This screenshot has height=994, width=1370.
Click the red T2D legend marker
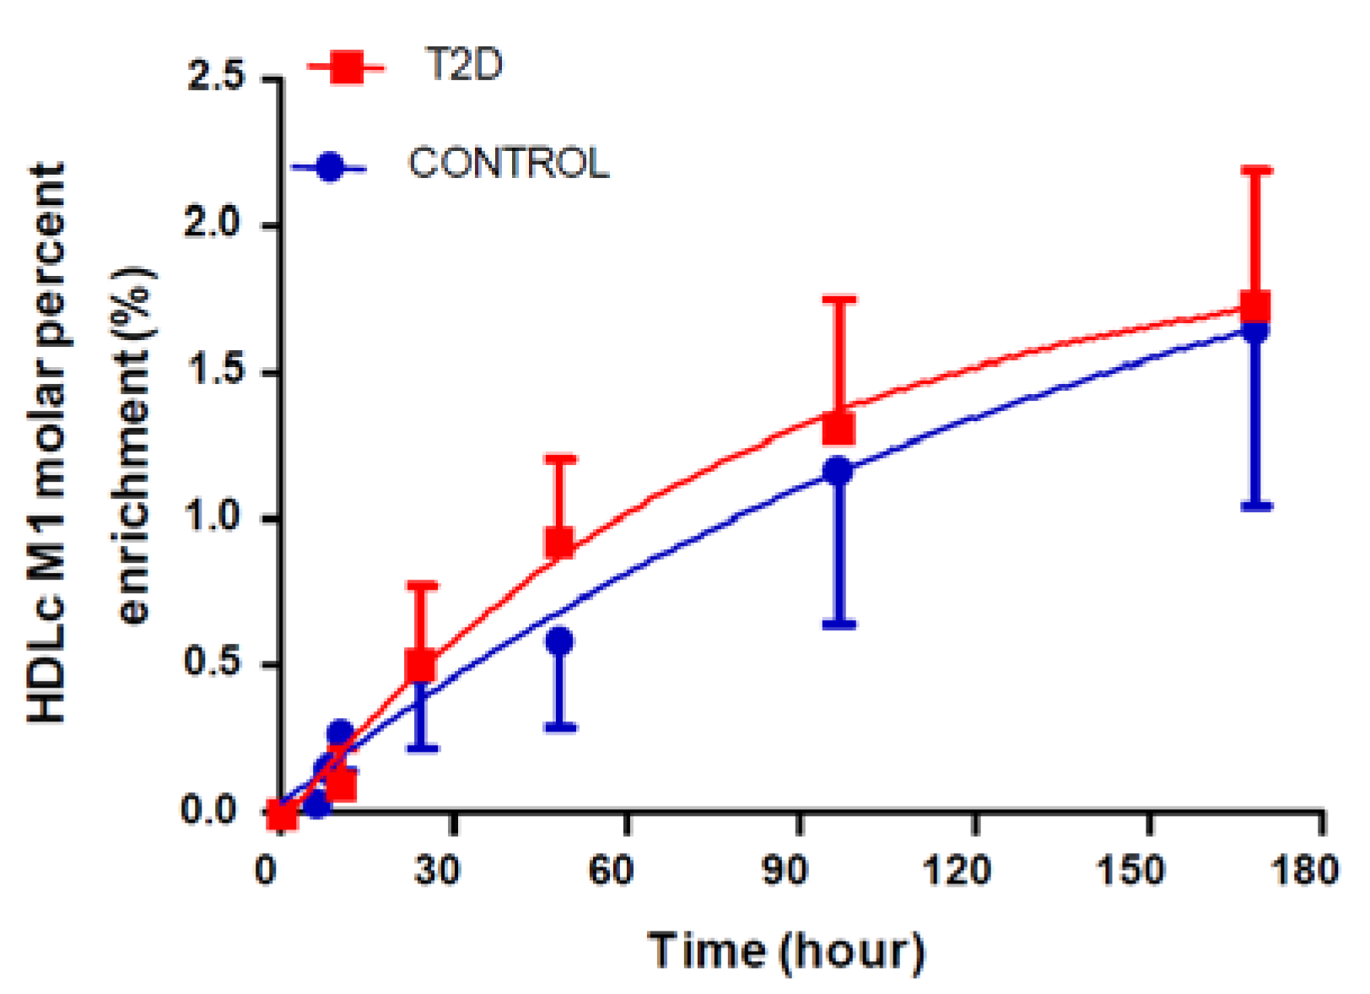coord(347,67)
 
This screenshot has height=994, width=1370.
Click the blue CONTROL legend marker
coord(330,166)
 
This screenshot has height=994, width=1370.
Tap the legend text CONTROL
coord(508,163)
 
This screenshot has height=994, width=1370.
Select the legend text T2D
coord(463,65)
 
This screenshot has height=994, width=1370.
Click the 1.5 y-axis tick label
coord(216,371)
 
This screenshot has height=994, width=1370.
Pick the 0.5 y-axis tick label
coord(216,663)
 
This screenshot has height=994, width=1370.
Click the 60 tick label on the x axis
coord(610,869)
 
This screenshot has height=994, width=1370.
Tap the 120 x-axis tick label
coord(957,869)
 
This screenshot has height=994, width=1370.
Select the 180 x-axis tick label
coord(1304,869)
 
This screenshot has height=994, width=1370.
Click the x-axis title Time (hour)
coord(786,952)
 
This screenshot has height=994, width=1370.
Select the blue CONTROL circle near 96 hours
coord(838,471)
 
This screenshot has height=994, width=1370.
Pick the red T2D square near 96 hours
coord(839,428)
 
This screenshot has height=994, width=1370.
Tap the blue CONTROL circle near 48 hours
coord(559,641)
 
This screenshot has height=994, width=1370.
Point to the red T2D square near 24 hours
coord(420,666)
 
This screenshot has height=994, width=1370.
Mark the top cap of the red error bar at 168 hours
coord(1256,170)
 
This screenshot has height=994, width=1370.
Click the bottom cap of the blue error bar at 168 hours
coord(1256,506)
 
